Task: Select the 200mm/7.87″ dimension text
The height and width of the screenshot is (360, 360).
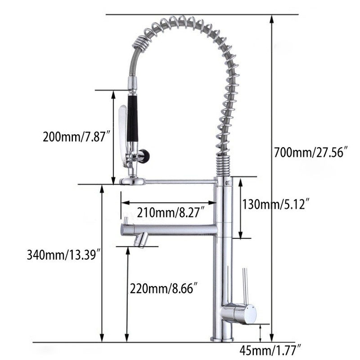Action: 77,137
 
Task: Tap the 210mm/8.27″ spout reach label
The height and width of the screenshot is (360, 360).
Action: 171,212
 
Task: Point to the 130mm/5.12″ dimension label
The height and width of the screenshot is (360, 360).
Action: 276,204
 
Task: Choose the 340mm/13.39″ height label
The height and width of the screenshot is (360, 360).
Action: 64,254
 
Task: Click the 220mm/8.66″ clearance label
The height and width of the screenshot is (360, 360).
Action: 164,288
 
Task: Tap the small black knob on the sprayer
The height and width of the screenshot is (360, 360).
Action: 144,154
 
